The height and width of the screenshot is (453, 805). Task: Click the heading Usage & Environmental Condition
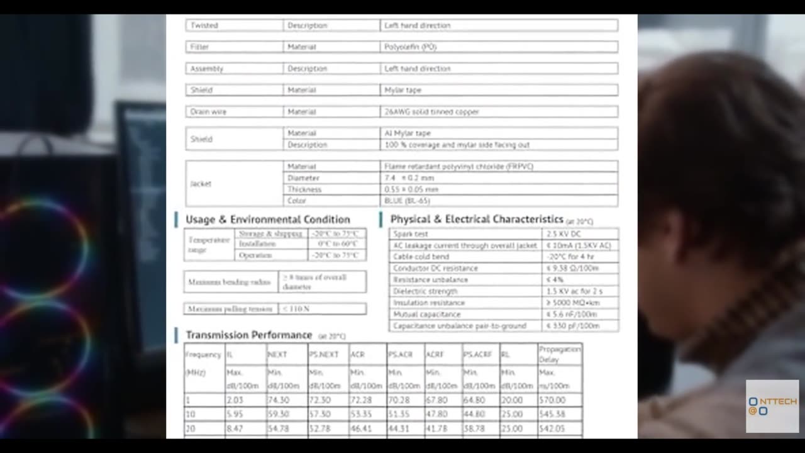click(267, 220)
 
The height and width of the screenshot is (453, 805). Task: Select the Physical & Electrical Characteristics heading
click(476, 219)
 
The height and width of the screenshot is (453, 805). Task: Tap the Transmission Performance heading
click(248, 335)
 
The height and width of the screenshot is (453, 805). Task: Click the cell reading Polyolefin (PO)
click(410, 47)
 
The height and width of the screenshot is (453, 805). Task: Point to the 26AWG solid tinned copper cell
click(431, 111)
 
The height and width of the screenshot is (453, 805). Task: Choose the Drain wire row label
click(208, 111)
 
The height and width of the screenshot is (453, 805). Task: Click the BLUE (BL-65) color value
click(407, 201)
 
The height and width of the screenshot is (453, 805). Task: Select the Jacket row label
click(201, 183)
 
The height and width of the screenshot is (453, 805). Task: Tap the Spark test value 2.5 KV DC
click(563, 234)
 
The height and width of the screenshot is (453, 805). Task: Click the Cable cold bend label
click(421, 257)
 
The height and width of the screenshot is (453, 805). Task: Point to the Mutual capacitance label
click(426, 314)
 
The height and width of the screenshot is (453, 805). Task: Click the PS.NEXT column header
click(323, 355)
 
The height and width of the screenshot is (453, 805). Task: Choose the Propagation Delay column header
click(559, 354)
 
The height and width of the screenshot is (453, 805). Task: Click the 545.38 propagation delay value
click(552, 415)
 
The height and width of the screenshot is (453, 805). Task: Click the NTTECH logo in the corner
click(772, 406)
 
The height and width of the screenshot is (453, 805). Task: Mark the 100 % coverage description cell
click(457, 145)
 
